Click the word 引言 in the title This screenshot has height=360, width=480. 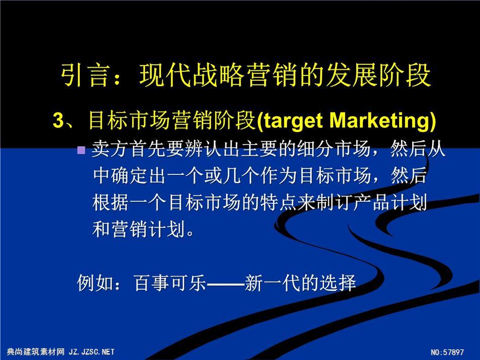[84, 75]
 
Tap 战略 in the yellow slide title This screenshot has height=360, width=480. [206, 75]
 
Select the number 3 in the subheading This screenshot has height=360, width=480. [58, 120]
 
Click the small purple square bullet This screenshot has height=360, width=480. [81, 150]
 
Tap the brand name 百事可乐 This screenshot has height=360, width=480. [170, 282]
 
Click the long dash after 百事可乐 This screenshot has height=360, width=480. [226, 283]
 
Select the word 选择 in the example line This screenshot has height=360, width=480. [338, 282]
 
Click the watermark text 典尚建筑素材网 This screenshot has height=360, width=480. [36, 352]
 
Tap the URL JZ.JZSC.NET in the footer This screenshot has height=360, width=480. [92, 352]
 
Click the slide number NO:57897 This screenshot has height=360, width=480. [447, 352]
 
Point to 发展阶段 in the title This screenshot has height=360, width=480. [378, 75]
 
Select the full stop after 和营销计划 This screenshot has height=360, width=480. [190, 234]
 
